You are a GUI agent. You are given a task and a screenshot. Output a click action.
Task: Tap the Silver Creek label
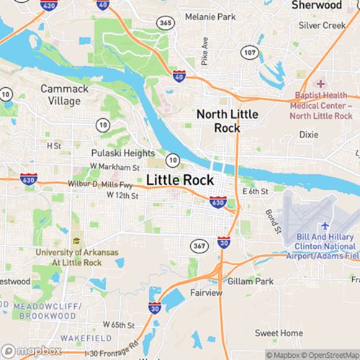click(x=323, y=24)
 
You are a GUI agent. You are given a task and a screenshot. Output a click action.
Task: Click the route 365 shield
click(x=166, y=24)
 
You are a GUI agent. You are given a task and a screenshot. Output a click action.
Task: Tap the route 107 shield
click(x=248, y=53)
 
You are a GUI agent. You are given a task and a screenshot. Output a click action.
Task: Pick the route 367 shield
click(x=199, y=246)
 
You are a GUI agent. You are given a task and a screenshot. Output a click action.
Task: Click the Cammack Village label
click(x=60, y=95)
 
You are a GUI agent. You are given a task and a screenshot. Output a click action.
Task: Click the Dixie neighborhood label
click(x=308, y=135)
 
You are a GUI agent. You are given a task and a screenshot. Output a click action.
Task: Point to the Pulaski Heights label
click(x=122, y=153)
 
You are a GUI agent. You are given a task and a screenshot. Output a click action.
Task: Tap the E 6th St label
click(x=255, y=192)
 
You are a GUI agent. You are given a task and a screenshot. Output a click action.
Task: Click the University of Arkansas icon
click(x=76, y=241)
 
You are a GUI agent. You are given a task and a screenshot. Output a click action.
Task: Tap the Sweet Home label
click(x=279, y=333)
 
